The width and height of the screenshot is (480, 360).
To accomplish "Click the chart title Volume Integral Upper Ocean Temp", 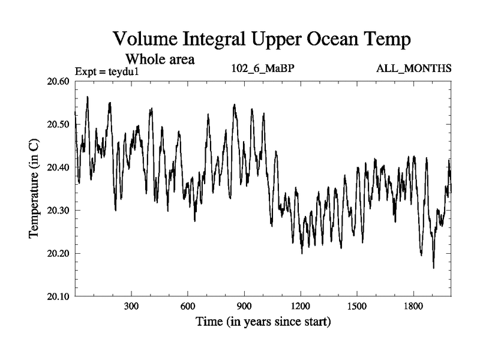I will tap(262, 39).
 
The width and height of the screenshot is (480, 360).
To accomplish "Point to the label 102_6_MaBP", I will tap(262, 68).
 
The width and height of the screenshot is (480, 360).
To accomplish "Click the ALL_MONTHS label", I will tap(413, 68).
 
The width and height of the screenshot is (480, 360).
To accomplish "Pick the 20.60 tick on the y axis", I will tap(59, 82).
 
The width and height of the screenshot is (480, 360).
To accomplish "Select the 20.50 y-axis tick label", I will tap(59, 125).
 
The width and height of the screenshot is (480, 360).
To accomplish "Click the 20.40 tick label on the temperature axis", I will tap(59, 167).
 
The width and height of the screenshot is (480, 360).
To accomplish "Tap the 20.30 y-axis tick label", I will tap(59, 211).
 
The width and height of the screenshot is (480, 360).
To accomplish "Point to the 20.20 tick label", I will tap(59, 253).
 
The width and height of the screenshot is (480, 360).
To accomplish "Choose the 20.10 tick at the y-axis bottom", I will tap(59, 296).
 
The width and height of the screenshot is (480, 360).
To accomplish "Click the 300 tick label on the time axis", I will tap(131, 306).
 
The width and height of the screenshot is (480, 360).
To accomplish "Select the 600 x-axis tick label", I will tap(187, 306).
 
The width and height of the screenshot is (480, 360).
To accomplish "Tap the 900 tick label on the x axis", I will tap(244, 306).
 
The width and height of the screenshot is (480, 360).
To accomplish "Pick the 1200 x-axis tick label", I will tap(300, 306).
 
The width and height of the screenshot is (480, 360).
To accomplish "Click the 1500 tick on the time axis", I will tap(356, 306).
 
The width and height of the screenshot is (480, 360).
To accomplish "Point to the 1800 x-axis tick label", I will tap(413, 306).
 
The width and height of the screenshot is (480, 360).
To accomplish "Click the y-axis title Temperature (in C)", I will tap(34, 189).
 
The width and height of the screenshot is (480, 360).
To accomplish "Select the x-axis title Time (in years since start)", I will tap(263, 322).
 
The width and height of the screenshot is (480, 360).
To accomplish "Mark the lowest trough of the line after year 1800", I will tap(433, 268).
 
